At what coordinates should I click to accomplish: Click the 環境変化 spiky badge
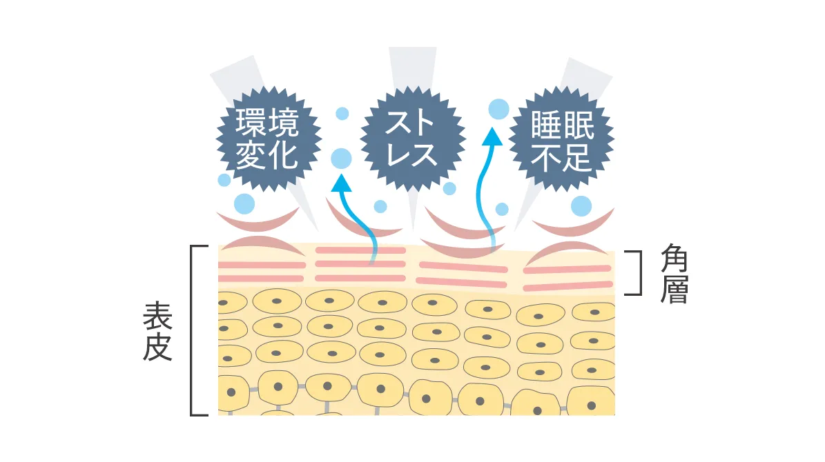[269, 139]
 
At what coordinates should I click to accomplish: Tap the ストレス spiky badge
[413, 139]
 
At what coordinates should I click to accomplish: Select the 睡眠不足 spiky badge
[561, 139]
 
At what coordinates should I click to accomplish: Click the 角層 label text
[674, 273]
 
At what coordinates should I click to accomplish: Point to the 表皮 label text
[157, 330]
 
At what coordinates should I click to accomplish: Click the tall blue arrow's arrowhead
[492, 137]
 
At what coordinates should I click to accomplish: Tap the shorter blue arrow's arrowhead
[342, 183]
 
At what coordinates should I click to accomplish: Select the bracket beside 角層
[636, 273]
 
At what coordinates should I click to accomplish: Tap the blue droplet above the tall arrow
[498, 110]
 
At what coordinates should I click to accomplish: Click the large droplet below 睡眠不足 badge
[581, 206]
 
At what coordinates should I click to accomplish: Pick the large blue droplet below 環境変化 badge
[244, 204]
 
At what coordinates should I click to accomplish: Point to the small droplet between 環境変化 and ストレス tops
[342, 114]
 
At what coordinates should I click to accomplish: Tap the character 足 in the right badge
[579, 157]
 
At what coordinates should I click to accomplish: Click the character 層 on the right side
[674, 290]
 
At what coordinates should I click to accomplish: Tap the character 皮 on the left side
[157, 347]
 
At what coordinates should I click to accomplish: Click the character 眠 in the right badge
[579, 125]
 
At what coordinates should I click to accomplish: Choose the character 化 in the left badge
[284, 155]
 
